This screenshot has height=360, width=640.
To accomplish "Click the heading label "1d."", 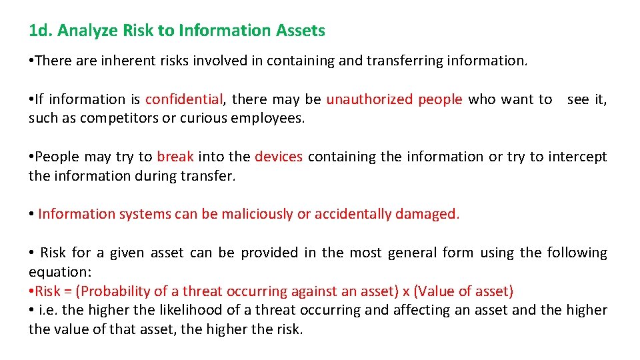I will coord(41,31).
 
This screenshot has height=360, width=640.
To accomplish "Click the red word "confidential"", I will coord(183,99).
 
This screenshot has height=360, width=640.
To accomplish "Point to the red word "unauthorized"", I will coord(369,99).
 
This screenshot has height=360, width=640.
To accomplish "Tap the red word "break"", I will coord(175,157).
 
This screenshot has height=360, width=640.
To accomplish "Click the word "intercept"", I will coord(577,157).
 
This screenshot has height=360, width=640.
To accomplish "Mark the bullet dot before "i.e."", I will coord(31,310).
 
